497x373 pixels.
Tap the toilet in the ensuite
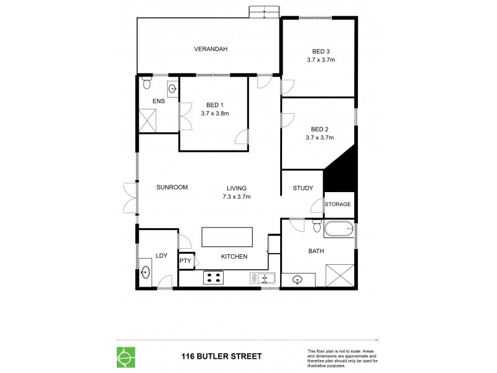[147, 83]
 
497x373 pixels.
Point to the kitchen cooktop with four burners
[214, 277]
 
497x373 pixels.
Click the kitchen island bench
[227, 237]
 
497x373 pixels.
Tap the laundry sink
[147, 272]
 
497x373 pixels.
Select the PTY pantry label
[185, 261]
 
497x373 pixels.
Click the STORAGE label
[339, 204]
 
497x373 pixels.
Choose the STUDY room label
[303, 188]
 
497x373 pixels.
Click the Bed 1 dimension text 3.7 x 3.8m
[215, 114]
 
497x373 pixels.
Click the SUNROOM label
[171, 187]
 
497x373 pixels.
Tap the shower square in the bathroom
[339, 274]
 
